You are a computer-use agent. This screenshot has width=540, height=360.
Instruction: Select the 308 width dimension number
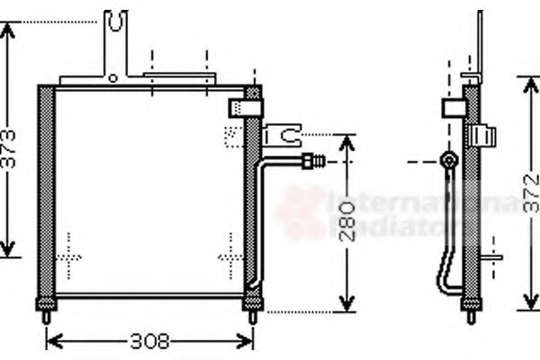[149, 343]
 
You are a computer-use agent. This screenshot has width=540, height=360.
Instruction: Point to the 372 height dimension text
[531, 193]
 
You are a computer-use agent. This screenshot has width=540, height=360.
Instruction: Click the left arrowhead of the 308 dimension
[50, 342]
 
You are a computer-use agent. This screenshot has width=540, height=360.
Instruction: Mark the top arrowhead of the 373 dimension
[8, 26]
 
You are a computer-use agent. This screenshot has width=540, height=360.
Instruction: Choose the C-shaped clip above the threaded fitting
[286, 137]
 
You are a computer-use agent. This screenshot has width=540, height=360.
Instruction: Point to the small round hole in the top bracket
[112, 78]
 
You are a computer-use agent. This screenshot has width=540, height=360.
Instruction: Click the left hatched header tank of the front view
[45, 193]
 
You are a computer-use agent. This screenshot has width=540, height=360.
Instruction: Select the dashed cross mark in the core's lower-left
[68, 256]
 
